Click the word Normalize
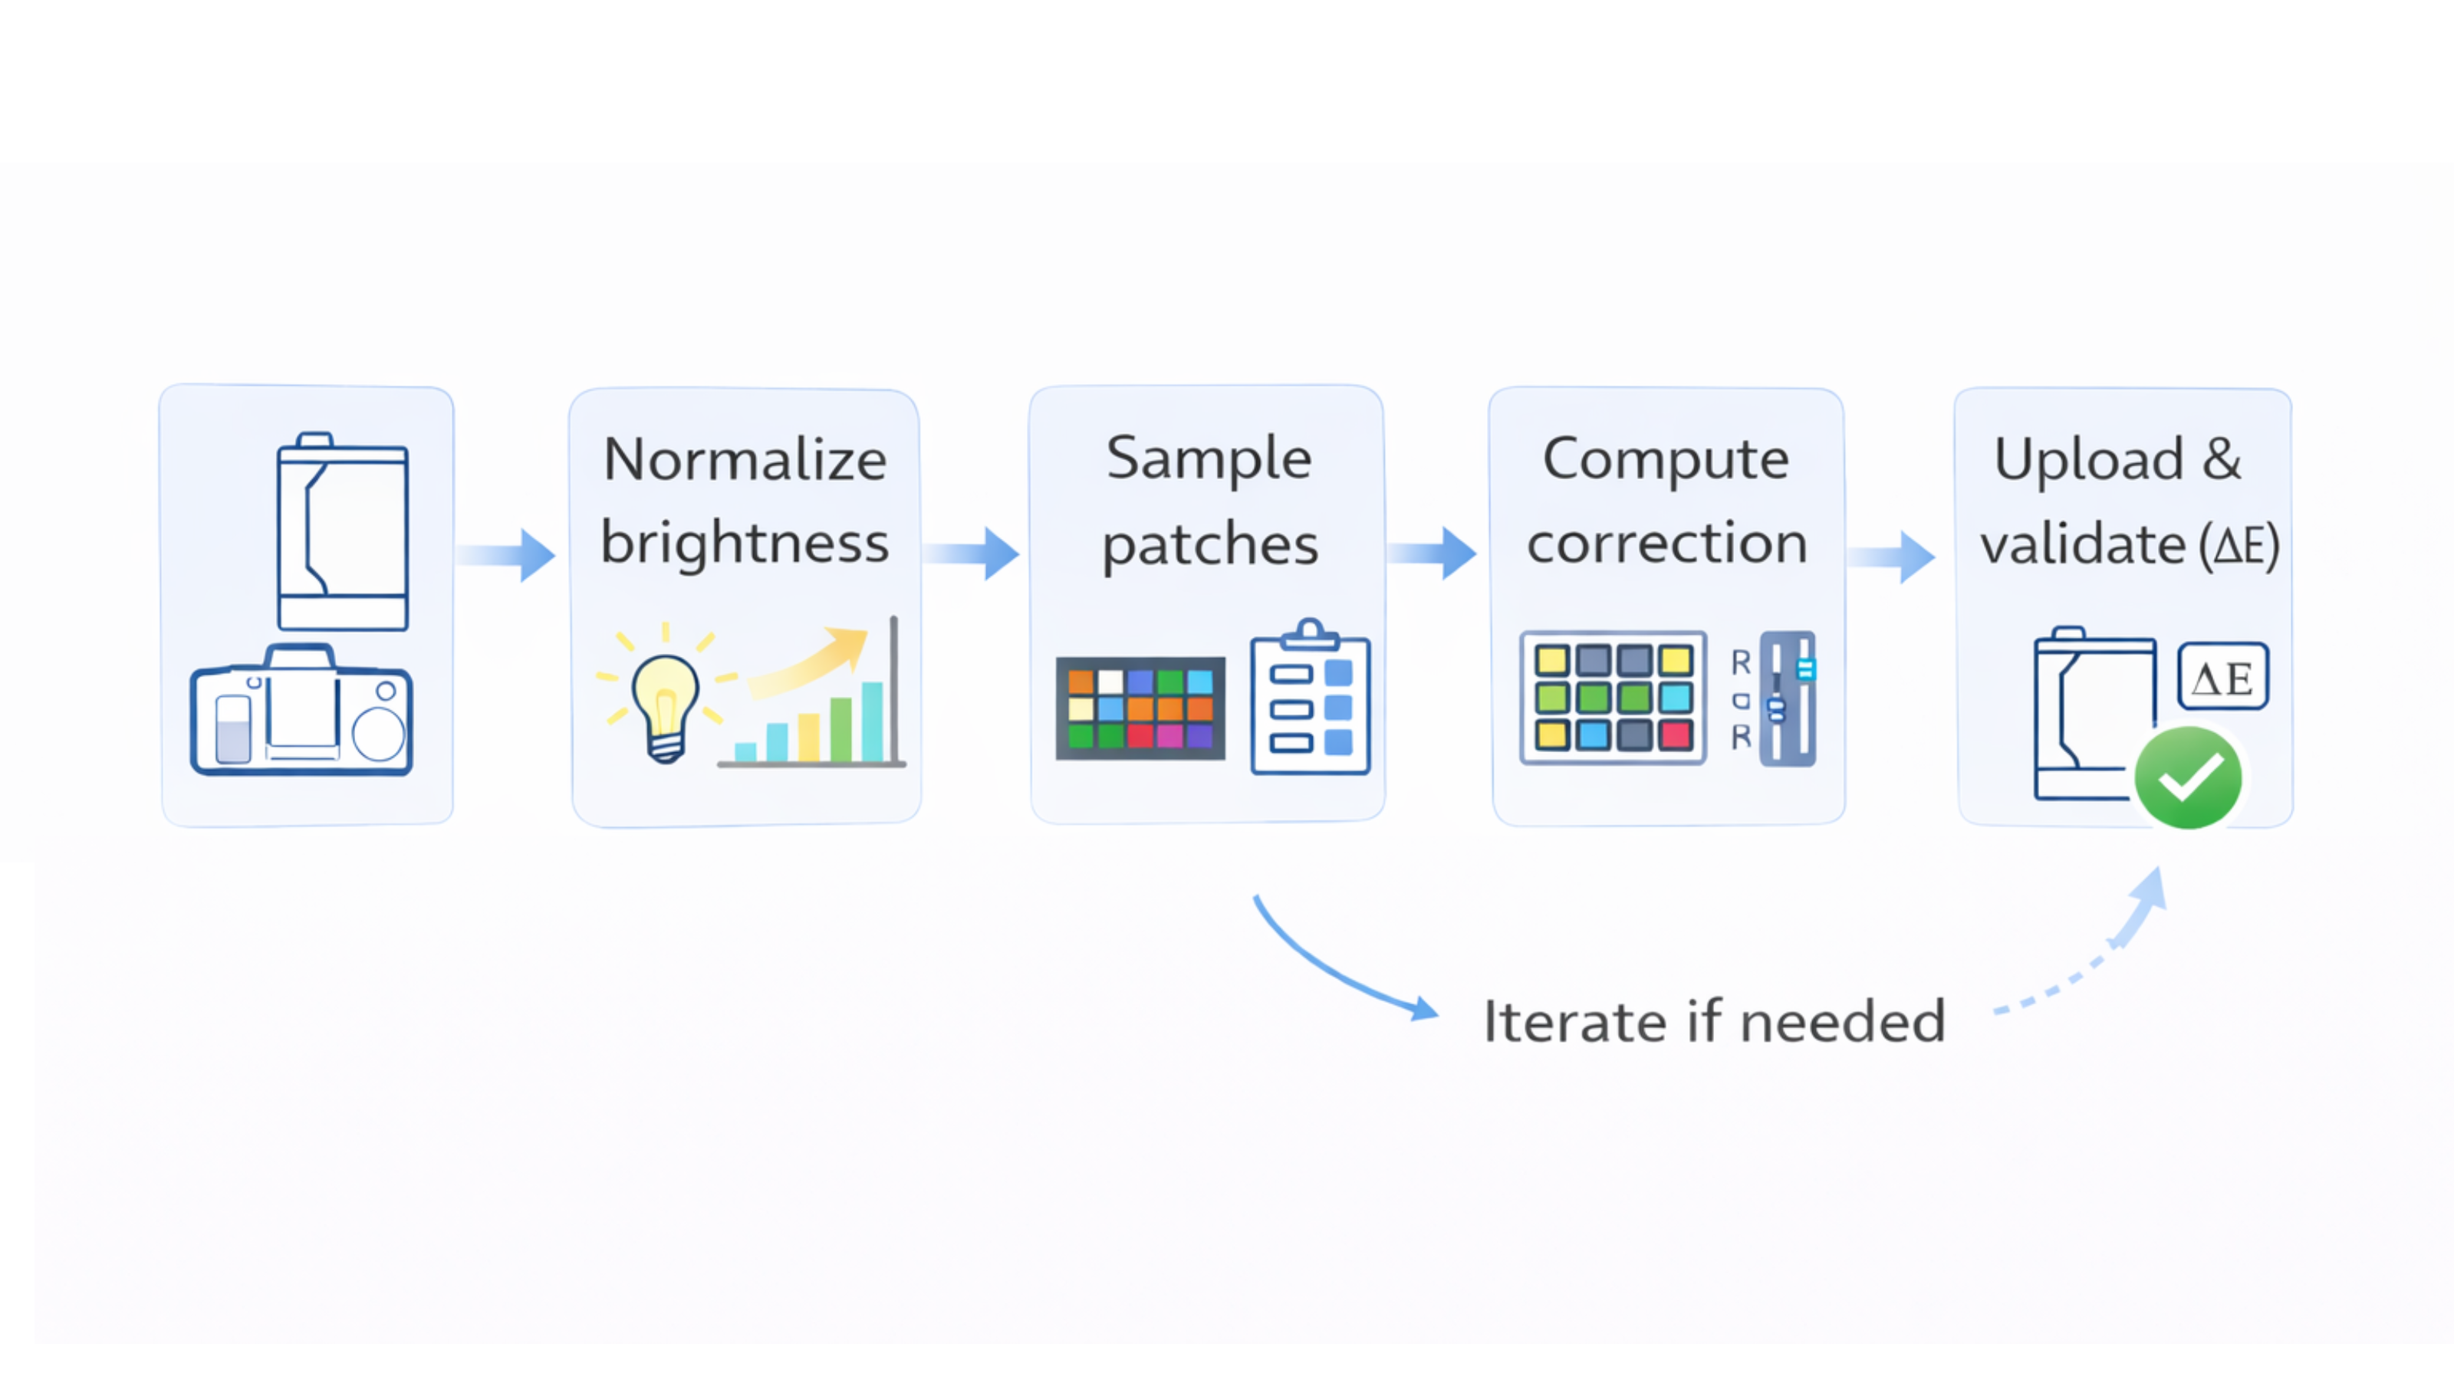(745, 460)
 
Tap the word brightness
(745, 543)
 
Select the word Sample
(1208, 458)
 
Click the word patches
(1210, 545)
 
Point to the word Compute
(1665, 459)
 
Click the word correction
(1666, 543)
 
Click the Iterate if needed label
(1714, 1022)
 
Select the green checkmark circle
(2187, 777)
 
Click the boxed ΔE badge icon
(2222, 677)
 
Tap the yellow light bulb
(665, 702)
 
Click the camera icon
(301, 711)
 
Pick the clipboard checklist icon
(1310, 700)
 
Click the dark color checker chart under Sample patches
(1140, 708)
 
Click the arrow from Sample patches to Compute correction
(1432, 554)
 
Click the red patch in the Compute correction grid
(1674, 734)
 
